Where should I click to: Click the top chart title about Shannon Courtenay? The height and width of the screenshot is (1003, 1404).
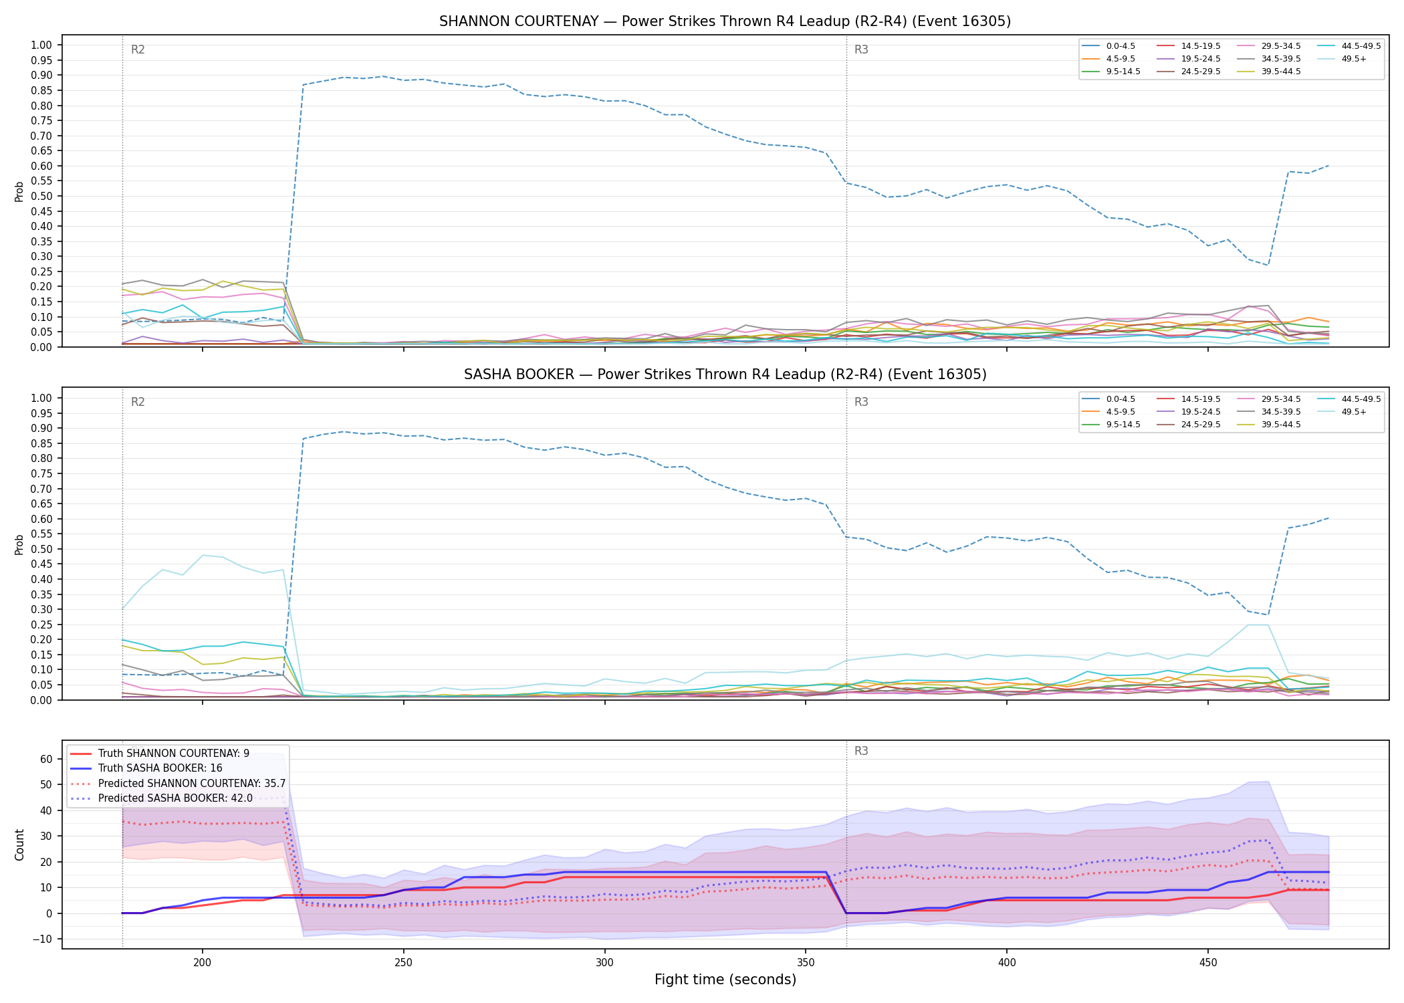pos(725,21)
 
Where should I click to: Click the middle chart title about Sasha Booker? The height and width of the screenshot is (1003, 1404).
pos(725,374)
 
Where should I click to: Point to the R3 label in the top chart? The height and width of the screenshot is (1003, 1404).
pos(861,49)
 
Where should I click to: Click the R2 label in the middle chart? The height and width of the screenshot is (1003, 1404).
pos(138,402)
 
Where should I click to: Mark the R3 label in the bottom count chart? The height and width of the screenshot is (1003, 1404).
pos(861,751)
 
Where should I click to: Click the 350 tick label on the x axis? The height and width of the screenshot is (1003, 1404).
pos(805,963)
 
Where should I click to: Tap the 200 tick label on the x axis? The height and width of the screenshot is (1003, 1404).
pos(203,963)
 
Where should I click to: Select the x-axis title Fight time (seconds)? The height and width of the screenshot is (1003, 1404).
pos(725,980)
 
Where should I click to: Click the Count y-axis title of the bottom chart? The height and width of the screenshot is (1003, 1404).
pos(19,845)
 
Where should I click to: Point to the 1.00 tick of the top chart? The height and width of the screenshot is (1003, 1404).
pos(41,45)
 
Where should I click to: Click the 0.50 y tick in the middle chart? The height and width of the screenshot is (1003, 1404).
pos(41,549)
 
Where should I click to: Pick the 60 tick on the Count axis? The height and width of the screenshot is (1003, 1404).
pos(46,759)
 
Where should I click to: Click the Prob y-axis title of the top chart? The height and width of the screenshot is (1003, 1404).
pos(19,191)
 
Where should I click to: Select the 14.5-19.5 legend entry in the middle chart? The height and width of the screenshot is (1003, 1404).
pos(1201,399)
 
